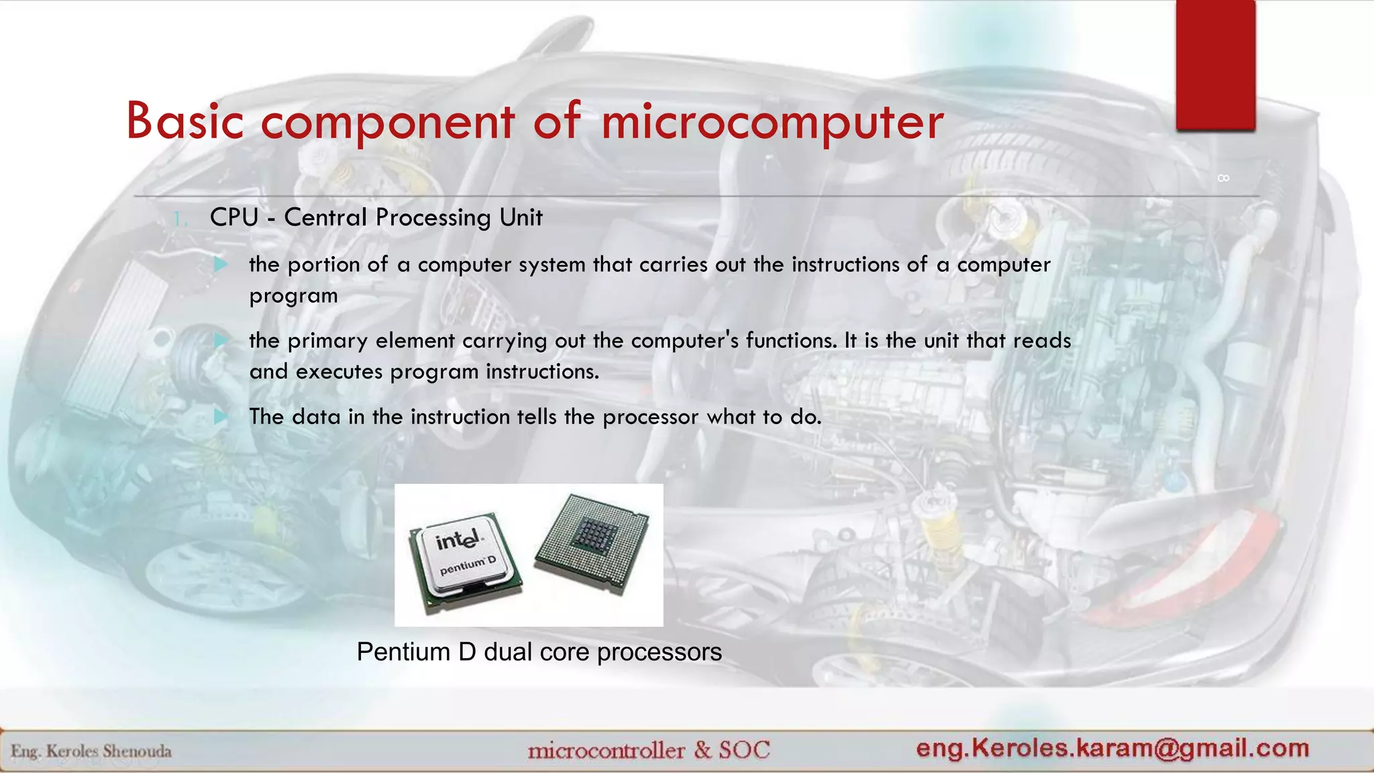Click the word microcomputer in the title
(x=772, y=122)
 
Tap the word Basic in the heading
(x=184, y=122)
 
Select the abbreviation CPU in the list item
(x=234, y=217)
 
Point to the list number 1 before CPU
(x=178, y=219)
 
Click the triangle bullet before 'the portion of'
(x=221, y=264)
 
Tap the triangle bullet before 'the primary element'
(x=221, y=340)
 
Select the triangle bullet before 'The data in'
(x=221, y=417)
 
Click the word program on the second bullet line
(x=293, y=297)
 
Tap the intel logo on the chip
(x=458, y=539)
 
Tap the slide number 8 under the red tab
(x=1223, y=178)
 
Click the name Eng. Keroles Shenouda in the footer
(x=91, y=751)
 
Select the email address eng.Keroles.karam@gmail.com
(x=1112, y=748)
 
